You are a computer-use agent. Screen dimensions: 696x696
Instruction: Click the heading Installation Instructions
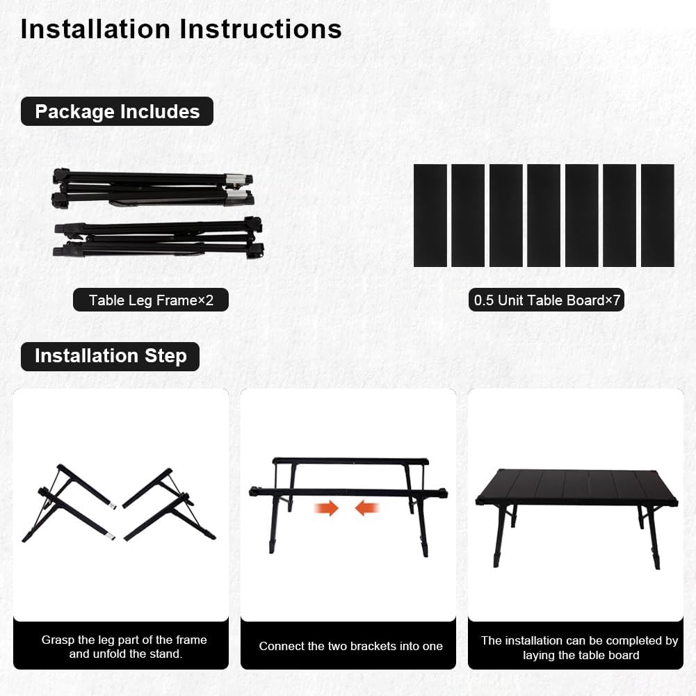click(181, 29)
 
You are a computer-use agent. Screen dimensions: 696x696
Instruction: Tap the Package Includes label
click(117, 111)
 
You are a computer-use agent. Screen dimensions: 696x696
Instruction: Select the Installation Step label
click(110, 356)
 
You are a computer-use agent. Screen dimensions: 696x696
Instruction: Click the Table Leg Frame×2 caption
click(151, 300)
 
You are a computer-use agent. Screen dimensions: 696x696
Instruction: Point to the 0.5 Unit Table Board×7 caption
click(546, 300)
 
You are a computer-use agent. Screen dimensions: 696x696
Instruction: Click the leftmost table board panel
click(430, 216)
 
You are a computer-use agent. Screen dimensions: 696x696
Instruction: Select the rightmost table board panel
click(657, 216)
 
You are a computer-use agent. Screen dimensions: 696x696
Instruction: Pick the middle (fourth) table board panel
click(543, 216)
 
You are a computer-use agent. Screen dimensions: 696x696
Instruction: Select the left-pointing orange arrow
click(367, 508)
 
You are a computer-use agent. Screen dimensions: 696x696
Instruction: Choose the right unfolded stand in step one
click(170, 506)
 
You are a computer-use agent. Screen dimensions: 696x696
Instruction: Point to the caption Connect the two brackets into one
click(350, 646)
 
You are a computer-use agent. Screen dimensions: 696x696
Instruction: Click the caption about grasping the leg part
click(124, 647)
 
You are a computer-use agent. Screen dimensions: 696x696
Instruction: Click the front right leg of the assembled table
click(653, 539)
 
